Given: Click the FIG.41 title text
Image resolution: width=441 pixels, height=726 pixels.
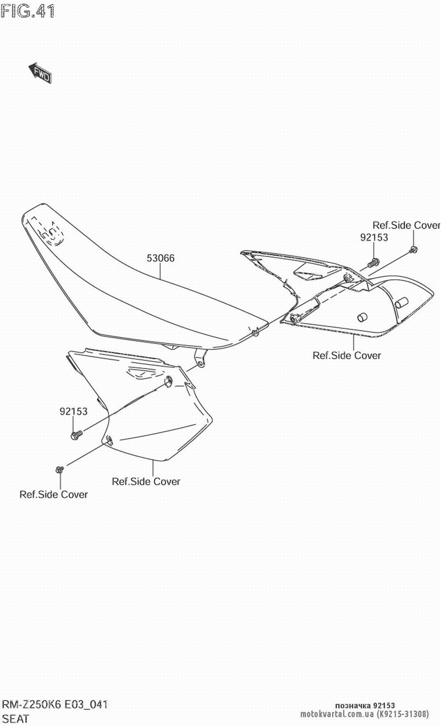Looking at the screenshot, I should click(x=28, y=11).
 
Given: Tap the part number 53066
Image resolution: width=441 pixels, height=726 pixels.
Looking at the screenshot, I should click(x=161, y=258).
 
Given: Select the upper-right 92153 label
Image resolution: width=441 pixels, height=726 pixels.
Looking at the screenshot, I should click(x=374, y=237).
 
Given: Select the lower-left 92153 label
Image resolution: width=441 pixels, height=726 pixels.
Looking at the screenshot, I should click(x=74, y=411).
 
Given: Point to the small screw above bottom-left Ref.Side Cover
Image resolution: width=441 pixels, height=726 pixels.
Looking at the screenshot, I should click(x=60, y=469).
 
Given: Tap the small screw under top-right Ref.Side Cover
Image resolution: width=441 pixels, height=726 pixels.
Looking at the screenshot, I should click(x=413, y=250).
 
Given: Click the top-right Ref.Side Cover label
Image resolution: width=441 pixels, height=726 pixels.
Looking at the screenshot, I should click(x=406, y=225).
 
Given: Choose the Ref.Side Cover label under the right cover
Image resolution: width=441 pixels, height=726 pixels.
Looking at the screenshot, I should click(x=347, y=355).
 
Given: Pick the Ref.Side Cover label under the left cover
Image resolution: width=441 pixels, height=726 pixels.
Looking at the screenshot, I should click(x=146, y=481).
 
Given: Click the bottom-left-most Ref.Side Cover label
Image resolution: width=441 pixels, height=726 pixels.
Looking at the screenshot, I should click(x=53, y=494).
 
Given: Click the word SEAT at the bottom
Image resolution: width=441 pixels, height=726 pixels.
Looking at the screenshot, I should click(x=15, y=719).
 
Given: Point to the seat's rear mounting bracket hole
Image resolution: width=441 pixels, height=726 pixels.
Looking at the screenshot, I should click(x=201, y=363).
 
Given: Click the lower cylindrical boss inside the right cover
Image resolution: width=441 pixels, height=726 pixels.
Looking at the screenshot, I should click(x=362, y=317).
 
